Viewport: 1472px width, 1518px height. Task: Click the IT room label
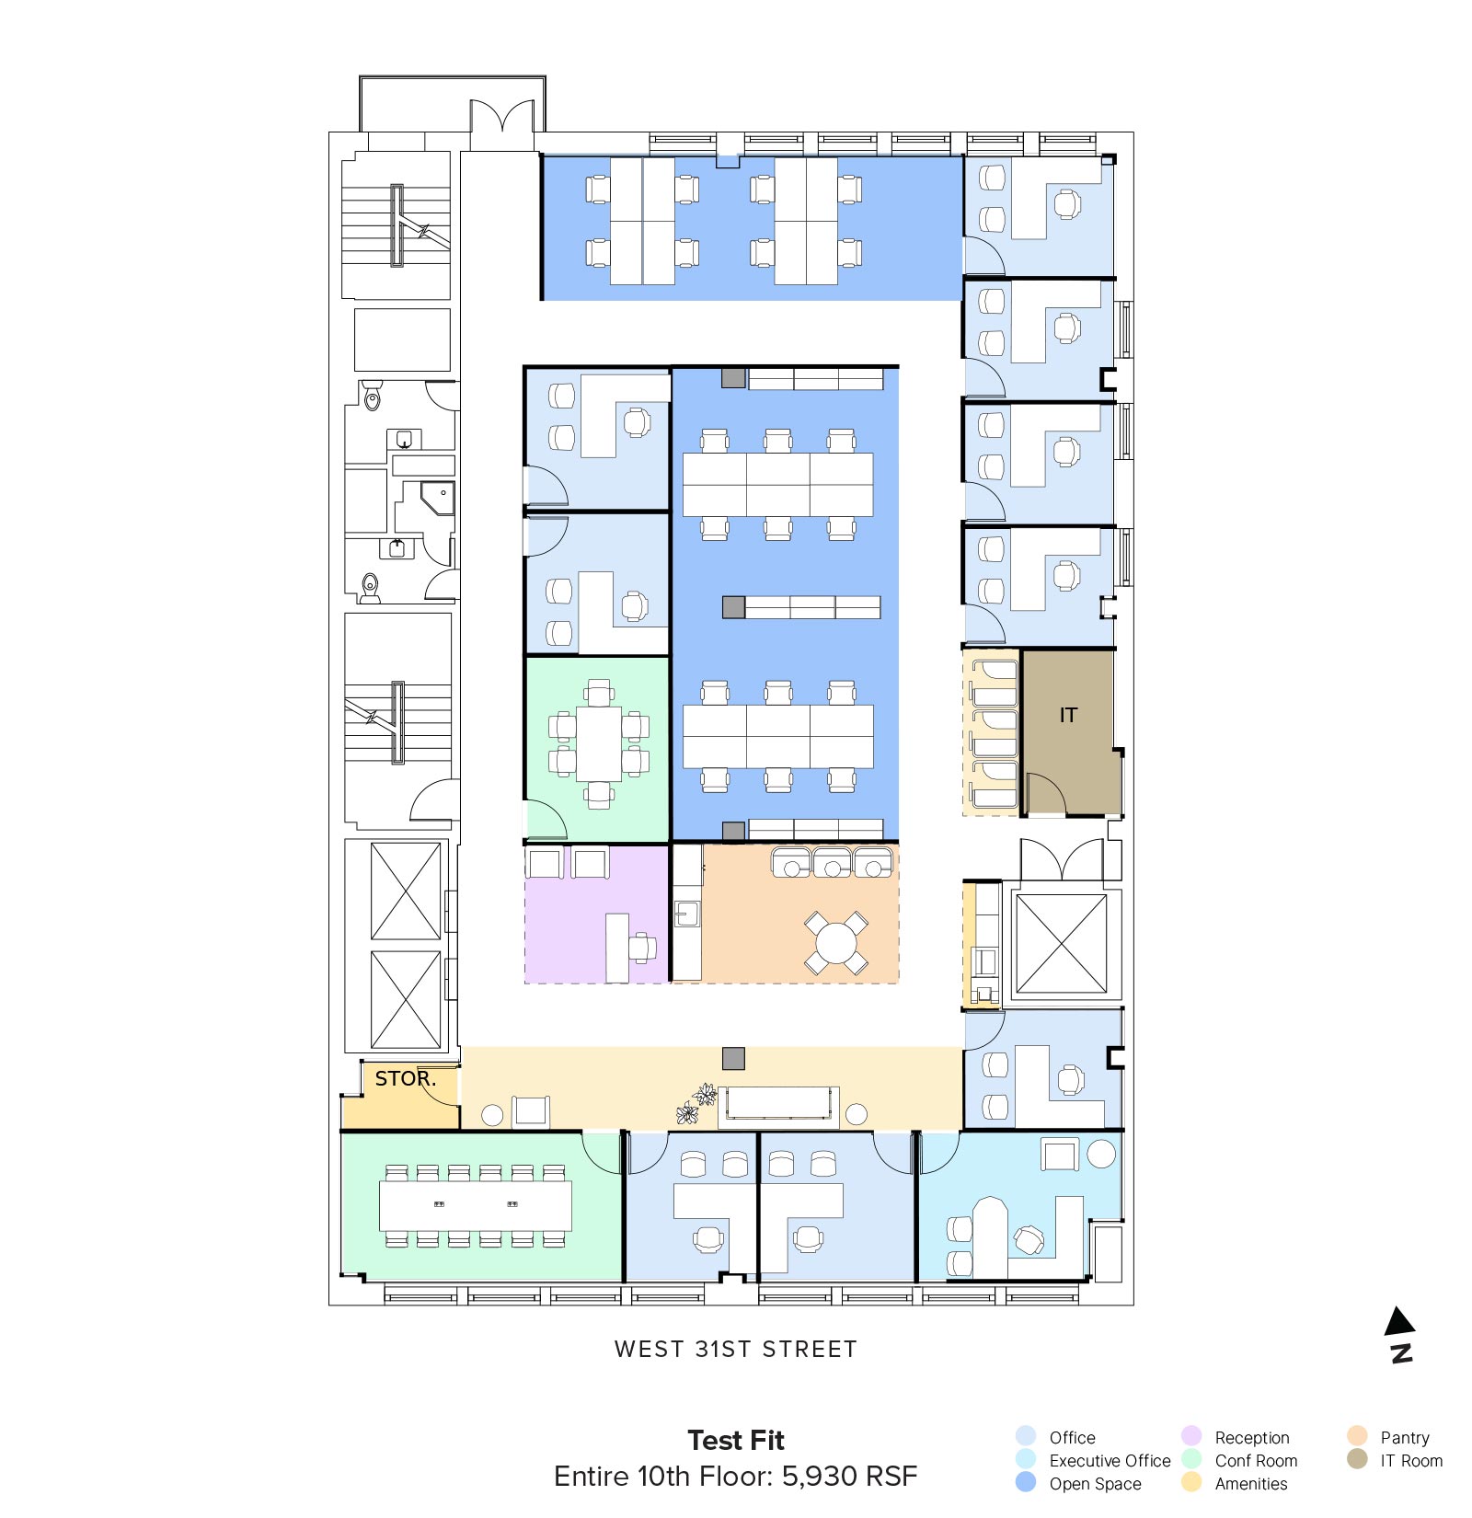click(x=1067, y=715)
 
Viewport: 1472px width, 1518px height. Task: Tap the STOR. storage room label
click(x=405, y=1078)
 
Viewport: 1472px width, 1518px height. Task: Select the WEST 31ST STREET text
click(x=735, y=1349)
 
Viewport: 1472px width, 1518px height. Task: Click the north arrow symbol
click(x=1399, y=1333)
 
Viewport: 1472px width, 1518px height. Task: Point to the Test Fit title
click(x=736, y=1440)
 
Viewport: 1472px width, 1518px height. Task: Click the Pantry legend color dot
click(x=1357, y=1436)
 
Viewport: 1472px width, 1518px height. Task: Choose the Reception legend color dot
click(x=1191, y=1436)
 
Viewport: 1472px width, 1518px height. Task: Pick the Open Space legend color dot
click(x=1026, y=1482)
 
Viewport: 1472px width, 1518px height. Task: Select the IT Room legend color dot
click(x=1357, y=1459)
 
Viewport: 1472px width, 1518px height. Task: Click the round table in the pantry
click(x=836, y=943)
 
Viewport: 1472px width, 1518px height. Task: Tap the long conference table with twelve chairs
click(x=476, y=1205)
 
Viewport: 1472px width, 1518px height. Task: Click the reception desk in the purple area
click(x=617, y=948)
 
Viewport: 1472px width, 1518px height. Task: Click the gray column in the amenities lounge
click(x=733, y=1059)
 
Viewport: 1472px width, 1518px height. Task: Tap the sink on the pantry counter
click(x=686, y=914)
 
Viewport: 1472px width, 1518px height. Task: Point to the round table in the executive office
click(x=1101, y=1154)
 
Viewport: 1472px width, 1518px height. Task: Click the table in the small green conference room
click(x=599, y=743)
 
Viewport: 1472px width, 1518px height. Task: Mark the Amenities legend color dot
click(x=1191, y=1482)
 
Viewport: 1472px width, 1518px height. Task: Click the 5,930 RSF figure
click(x=849, y=1477)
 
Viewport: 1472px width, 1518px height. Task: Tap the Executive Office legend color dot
click(x=1026, y=1459)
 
